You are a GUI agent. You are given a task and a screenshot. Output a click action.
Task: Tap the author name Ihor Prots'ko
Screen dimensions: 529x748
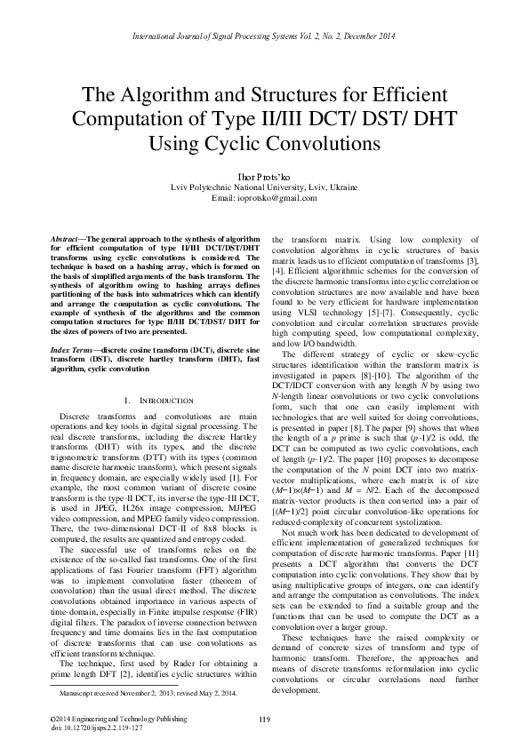pyautogui.click(x=263, y=176)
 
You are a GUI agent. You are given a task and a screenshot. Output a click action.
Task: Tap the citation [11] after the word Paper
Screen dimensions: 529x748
pyautogui.click(x=473, y=519)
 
